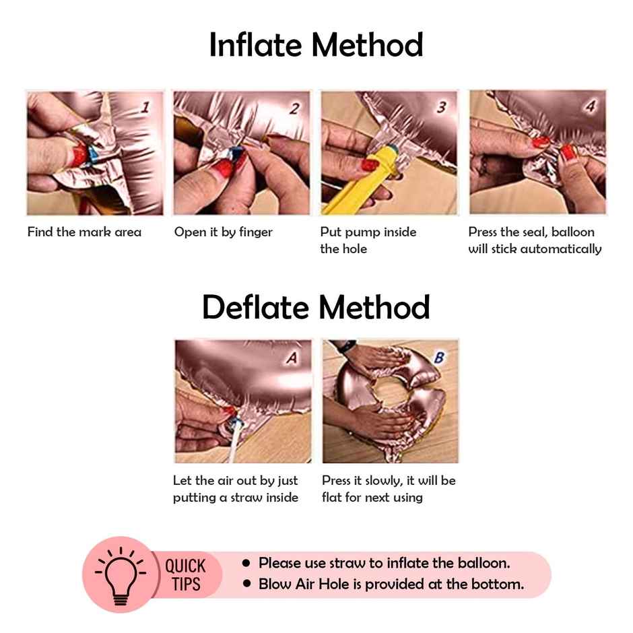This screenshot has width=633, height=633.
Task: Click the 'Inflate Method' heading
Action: tap(316, 45)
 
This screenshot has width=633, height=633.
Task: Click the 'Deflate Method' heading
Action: tap(316, 307)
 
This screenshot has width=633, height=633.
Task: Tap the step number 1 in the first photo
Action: tap(145, 107)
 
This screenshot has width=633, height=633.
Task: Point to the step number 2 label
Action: tap(295, 108)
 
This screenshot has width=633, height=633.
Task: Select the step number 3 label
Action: tap(442, 107)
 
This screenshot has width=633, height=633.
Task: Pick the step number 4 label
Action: tap(590, 106)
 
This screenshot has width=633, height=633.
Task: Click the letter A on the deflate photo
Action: tap(292, 358)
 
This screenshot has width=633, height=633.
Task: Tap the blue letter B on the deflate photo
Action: tap(439, 358)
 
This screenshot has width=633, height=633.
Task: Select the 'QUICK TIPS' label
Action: tap(186, 575)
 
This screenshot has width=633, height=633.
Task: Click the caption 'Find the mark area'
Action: tap(84, 232)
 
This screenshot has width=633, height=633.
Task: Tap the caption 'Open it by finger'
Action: tap(224, 232)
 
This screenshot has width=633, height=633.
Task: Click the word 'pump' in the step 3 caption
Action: tap(362, 233)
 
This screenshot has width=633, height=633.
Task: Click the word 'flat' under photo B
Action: tap(331, 498)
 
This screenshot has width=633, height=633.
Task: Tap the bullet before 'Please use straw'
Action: tap(246, 563)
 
